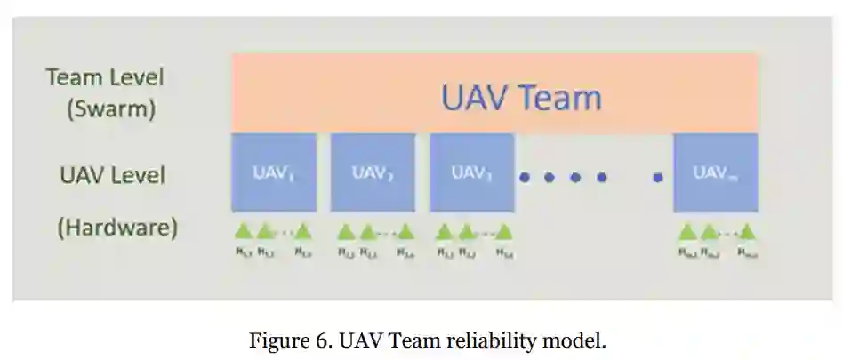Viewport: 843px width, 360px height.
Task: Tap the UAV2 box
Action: pyautogui.click(x=373, y=172)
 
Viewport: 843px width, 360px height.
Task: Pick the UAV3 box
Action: pyautogui.click(x=471, y=172)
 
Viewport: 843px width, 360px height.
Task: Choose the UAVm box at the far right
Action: pyautogui.click(x=715, y=172)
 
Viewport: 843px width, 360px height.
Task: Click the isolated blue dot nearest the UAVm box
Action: pyautogui.click(x=657, y=178)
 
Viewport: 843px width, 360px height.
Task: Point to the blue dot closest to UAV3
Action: pyautogui.click(x=525, y=178)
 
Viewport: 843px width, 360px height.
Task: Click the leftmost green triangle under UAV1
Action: pyautogui.click(x=243, y=232)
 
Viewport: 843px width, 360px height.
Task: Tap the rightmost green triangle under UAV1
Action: pyautogui.click(x=303, y=232)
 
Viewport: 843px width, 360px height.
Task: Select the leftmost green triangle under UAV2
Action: pyautogui.click(x=346, y=232)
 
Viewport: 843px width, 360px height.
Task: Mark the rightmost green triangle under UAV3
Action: pyautogui.click(x=504, y=232)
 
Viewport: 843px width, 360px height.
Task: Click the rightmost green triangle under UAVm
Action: pyautogui.click(x=747, y=232)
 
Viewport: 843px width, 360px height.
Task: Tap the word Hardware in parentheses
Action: pyautogui.click(x=117, y=228)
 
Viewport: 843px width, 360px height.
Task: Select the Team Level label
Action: pyautogui.click(x=105, y=77)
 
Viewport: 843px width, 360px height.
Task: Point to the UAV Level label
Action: pyautogui.click(x=112, y=174)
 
